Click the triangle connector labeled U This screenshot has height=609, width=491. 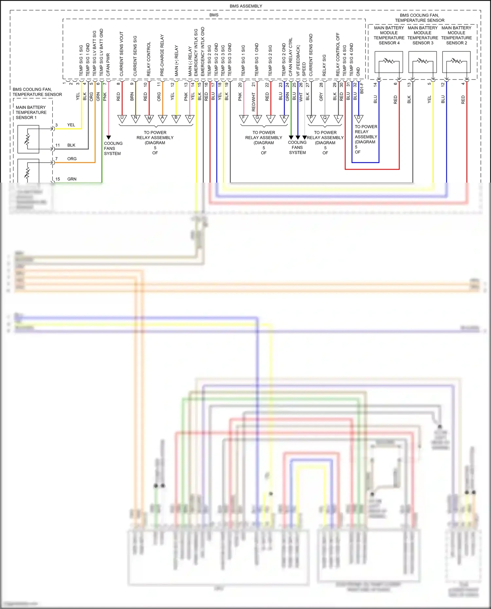(x=122, y=118)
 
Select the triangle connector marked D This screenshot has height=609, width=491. (x=359, y=118)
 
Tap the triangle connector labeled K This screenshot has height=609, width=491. (x=284, y=118)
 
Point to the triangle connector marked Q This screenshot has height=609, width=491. (x=325, y=118)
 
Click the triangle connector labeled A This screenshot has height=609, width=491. (x=163, y=118)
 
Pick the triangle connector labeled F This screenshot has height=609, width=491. (x=244, y=118)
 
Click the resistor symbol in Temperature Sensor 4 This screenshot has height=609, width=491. (x=389, y=61)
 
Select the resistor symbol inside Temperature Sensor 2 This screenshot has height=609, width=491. (x=456, y=61)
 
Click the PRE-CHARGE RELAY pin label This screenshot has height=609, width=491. (x=162, y=56)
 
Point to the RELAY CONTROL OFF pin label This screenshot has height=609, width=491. (x=338, y=55)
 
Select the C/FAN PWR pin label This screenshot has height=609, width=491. (x=108, y=65)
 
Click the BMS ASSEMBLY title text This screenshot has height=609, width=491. (x=246, y=6)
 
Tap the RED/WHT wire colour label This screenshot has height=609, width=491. (x=254, y=102)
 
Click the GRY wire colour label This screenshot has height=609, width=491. (x=321, y=97)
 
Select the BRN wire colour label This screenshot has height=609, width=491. (x=132, y=96)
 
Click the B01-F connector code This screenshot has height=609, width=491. (x=362, y=88)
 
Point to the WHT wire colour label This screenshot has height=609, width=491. (x=301, y=97)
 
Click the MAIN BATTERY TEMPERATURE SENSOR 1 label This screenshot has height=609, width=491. (x=31, y=112)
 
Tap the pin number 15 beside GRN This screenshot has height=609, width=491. (x=58, y=179)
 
